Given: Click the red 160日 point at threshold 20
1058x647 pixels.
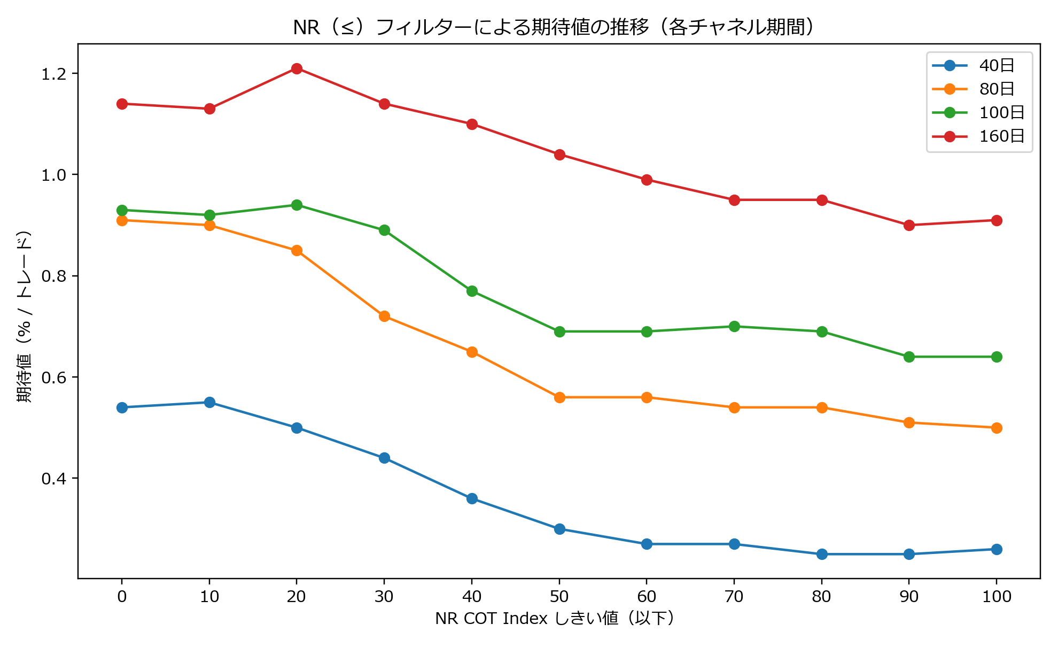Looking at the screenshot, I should pos(297,68).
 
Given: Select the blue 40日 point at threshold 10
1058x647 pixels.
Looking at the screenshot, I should pos(209,402).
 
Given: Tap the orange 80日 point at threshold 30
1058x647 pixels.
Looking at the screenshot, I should pos(384,316).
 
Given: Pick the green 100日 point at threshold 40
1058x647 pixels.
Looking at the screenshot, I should pos(472,291).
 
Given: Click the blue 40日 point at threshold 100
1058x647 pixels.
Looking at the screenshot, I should pos(997,549).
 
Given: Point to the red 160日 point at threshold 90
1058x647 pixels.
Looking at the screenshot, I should pos(909,225).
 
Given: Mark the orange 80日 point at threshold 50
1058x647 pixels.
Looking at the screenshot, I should pos(559,397).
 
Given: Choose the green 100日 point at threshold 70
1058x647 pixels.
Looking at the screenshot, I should pos(734,326).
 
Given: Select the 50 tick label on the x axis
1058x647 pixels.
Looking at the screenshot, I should pos(559,597).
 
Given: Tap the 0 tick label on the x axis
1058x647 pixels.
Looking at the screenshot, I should pos(122,597).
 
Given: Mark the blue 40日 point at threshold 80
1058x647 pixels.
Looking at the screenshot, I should pos(822,554).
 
